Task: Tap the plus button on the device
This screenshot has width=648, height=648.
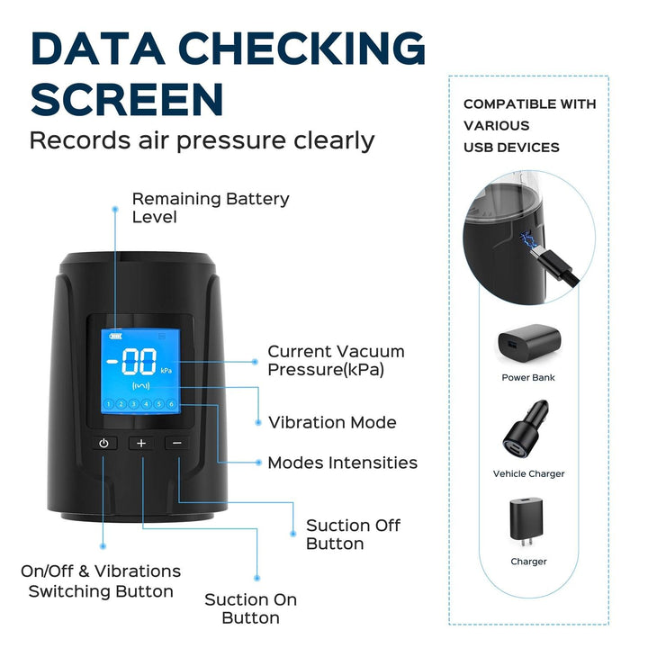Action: pyautogui.click(x=140, y=443)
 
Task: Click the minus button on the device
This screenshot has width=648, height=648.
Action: pyautogui.click(x=177, y=443)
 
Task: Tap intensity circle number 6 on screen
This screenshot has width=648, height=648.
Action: pyautogui.click(x=171, y=404)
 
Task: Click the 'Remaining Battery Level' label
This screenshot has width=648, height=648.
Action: pyautogui.click(x=211, y=208)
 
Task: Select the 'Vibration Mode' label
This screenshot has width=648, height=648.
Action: pyautogui.click(x=332, y=422)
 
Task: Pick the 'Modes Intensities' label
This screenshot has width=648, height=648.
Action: pyautogui.click(x=342, y=463)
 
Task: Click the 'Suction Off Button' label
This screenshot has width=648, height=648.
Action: pyautogui.click(x=353, y=534)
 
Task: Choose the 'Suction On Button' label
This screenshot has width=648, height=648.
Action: pyautogui.click(x=250, y=608)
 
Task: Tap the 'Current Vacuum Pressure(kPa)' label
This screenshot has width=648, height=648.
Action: pyautogui.click(x=336, y=361)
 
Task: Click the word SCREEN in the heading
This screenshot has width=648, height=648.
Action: pyautogui.click(x=127, y=98)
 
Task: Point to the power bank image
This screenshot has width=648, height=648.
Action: pyautogui.click(x=528, y=342)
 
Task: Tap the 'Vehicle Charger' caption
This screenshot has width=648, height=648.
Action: pyautogui.click(x=528, y=473)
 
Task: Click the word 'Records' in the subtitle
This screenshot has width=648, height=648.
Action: pyautogui.click(x=76, y=140)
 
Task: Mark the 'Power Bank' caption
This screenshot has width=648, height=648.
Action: pyautogui.click(x=528, y=377)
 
